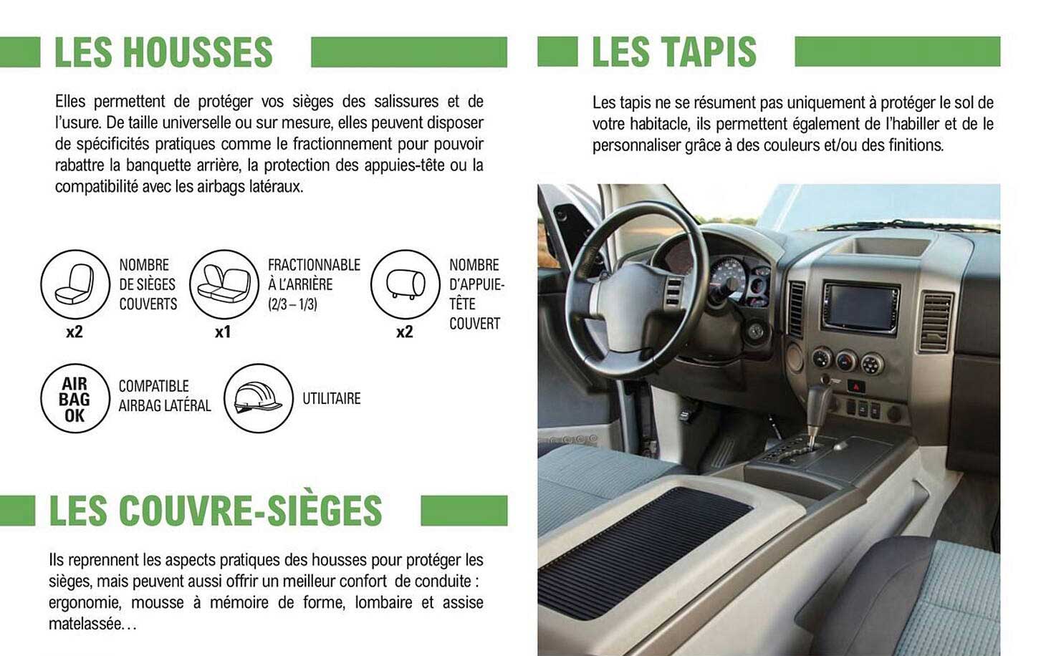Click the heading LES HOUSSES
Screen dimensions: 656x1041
163,52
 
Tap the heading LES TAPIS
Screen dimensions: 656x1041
673,52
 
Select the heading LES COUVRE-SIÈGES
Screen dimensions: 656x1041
215,511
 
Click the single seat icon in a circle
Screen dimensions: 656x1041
75,284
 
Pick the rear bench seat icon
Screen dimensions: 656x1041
224,284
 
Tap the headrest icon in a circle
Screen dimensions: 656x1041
405,284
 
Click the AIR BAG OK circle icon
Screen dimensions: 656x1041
75,399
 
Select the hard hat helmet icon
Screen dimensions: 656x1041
258,398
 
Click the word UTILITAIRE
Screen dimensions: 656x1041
331,399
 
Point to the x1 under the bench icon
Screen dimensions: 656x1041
223,332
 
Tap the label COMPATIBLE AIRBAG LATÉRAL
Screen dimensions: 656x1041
164,396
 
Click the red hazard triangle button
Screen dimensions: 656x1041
855,387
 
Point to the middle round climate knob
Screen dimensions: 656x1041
846,360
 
